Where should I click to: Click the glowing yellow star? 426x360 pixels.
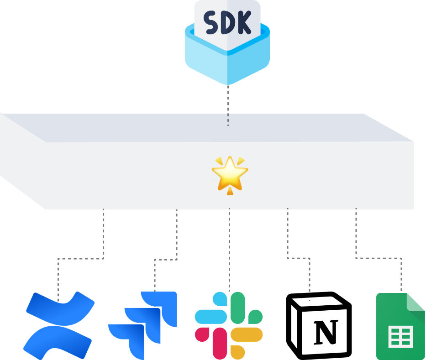click(230, 173)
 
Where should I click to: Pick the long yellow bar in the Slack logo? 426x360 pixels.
click(247, 334)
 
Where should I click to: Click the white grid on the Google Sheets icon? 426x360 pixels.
click(400, 337)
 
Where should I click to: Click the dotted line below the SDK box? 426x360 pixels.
click(228, 105)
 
